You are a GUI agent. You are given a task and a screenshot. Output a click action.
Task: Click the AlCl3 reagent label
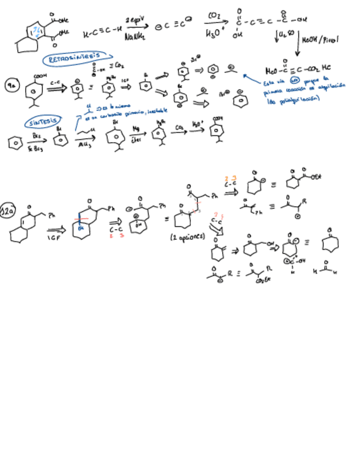85,145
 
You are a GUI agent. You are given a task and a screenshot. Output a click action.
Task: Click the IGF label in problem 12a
53,239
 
